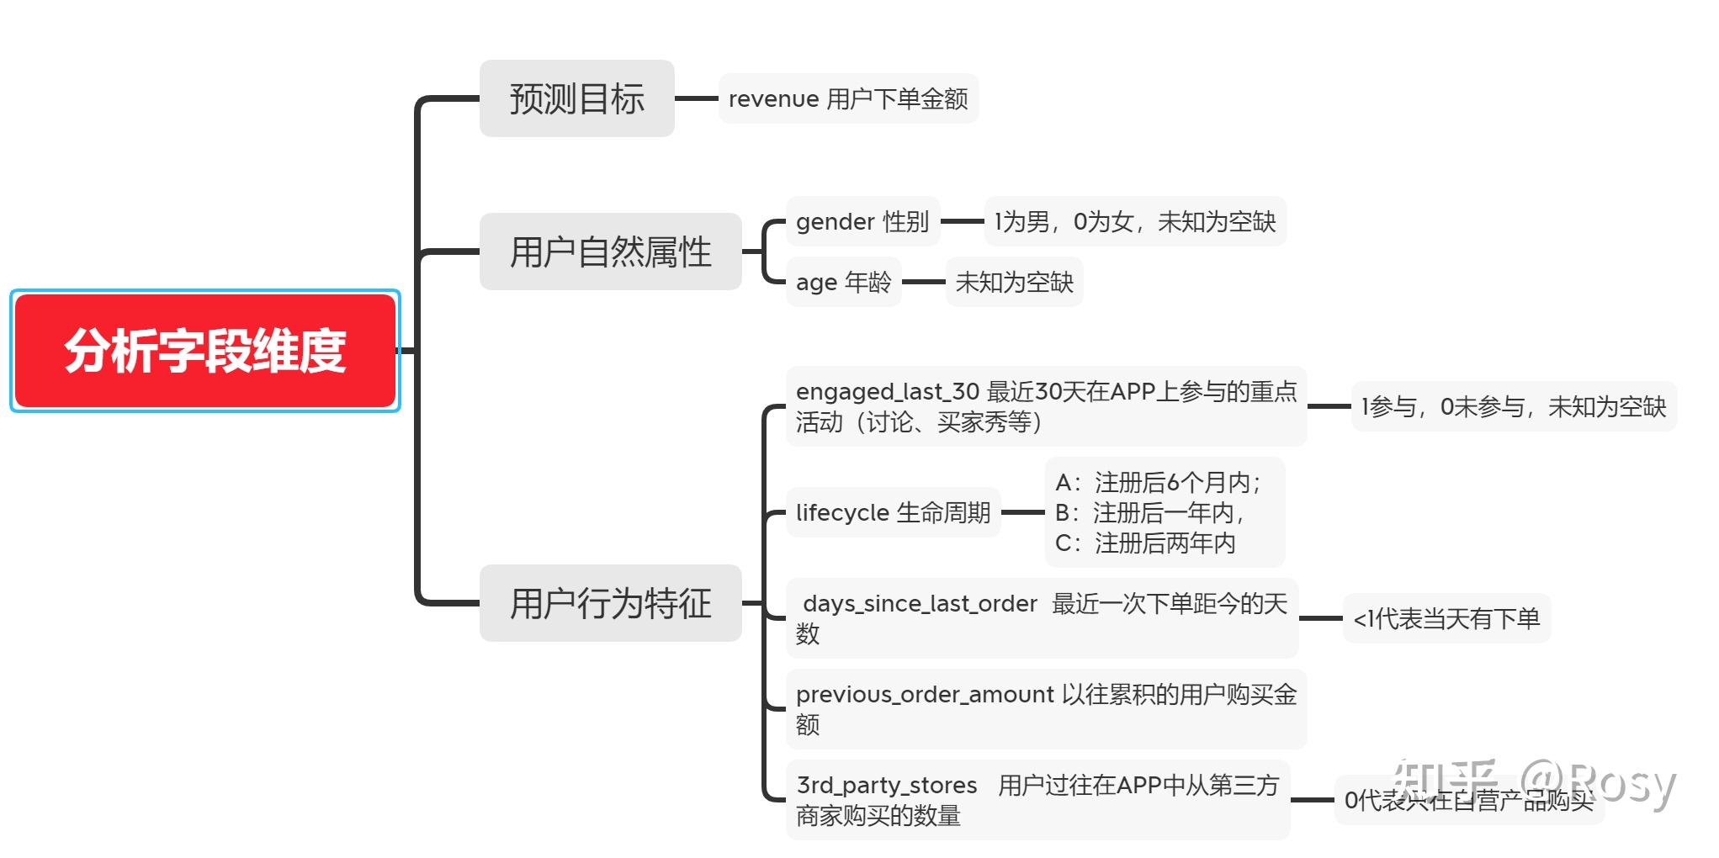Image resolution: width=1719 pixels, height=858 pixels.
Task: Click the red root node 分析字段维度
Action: click(x=205, y=351)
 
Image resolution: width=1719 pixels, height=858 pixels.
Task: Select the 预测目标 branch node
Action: click(x=576, y=98)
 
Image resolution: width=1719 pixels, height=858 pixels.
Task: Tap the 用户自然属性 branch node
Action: click(x=610, y=252)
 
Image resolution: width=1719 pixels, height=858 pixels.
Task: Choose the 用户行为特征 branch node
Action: click(x=610, y=603)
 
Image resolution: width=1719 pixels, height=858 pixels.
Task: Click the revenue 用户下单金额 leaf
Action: click(x=848, y=99)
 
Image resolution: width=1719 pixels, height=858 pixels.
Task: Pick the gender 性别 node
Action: click(x=862, y=222)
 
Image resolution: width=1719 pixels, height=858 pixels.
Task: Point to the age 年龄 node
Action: click(x=843, y=283)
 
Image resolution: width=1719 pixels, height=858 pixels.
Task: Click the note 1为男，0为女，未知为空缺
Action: click(x=1135, y=222)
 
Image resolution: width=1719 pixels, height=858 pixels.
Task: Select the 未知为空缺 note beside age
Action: click(x=1014, y=283)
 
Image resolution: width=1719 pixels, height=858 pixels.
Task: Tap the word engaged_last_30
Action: click(x=887, y=392)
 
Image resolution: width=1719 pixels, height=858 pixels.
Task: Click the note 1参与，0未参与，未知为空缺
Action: click(x=1513, y=407)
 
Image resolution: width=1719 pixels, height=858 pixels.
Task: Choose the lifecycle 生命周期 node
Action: click(x=893, y=512)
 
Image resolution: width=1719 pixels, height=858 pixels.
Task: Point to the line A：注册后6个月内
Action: click(x=1158, y=483)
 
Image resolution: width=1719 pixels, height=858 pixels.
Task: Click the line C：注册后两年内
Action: click(x=1145, y=543)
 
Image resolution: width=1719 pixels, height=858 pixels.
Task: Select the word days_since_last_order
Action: click(x=920, y=604)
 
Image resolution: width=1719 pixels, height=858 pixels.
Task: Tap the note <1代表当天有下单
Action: click(x=1446, y=619)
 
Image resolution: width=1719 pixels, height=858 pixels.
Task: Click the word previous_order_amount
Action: click(x=925, y=695)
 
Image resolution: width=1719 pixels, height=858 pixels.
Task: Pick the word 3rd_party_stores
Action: click(x=887, y=786)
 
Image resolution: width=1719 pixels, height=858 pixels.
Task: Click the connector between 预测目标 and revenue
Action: click(x=696, y=98)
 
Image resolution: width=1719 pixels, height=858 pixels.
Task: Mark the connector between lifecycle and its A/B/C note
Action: click(x=1022, y=512)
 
